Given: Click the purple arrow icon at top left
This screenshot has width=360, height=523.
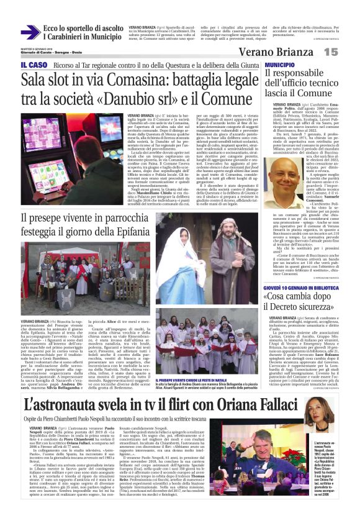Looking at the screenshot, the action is pyautogui.click(x=30, y=32).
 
